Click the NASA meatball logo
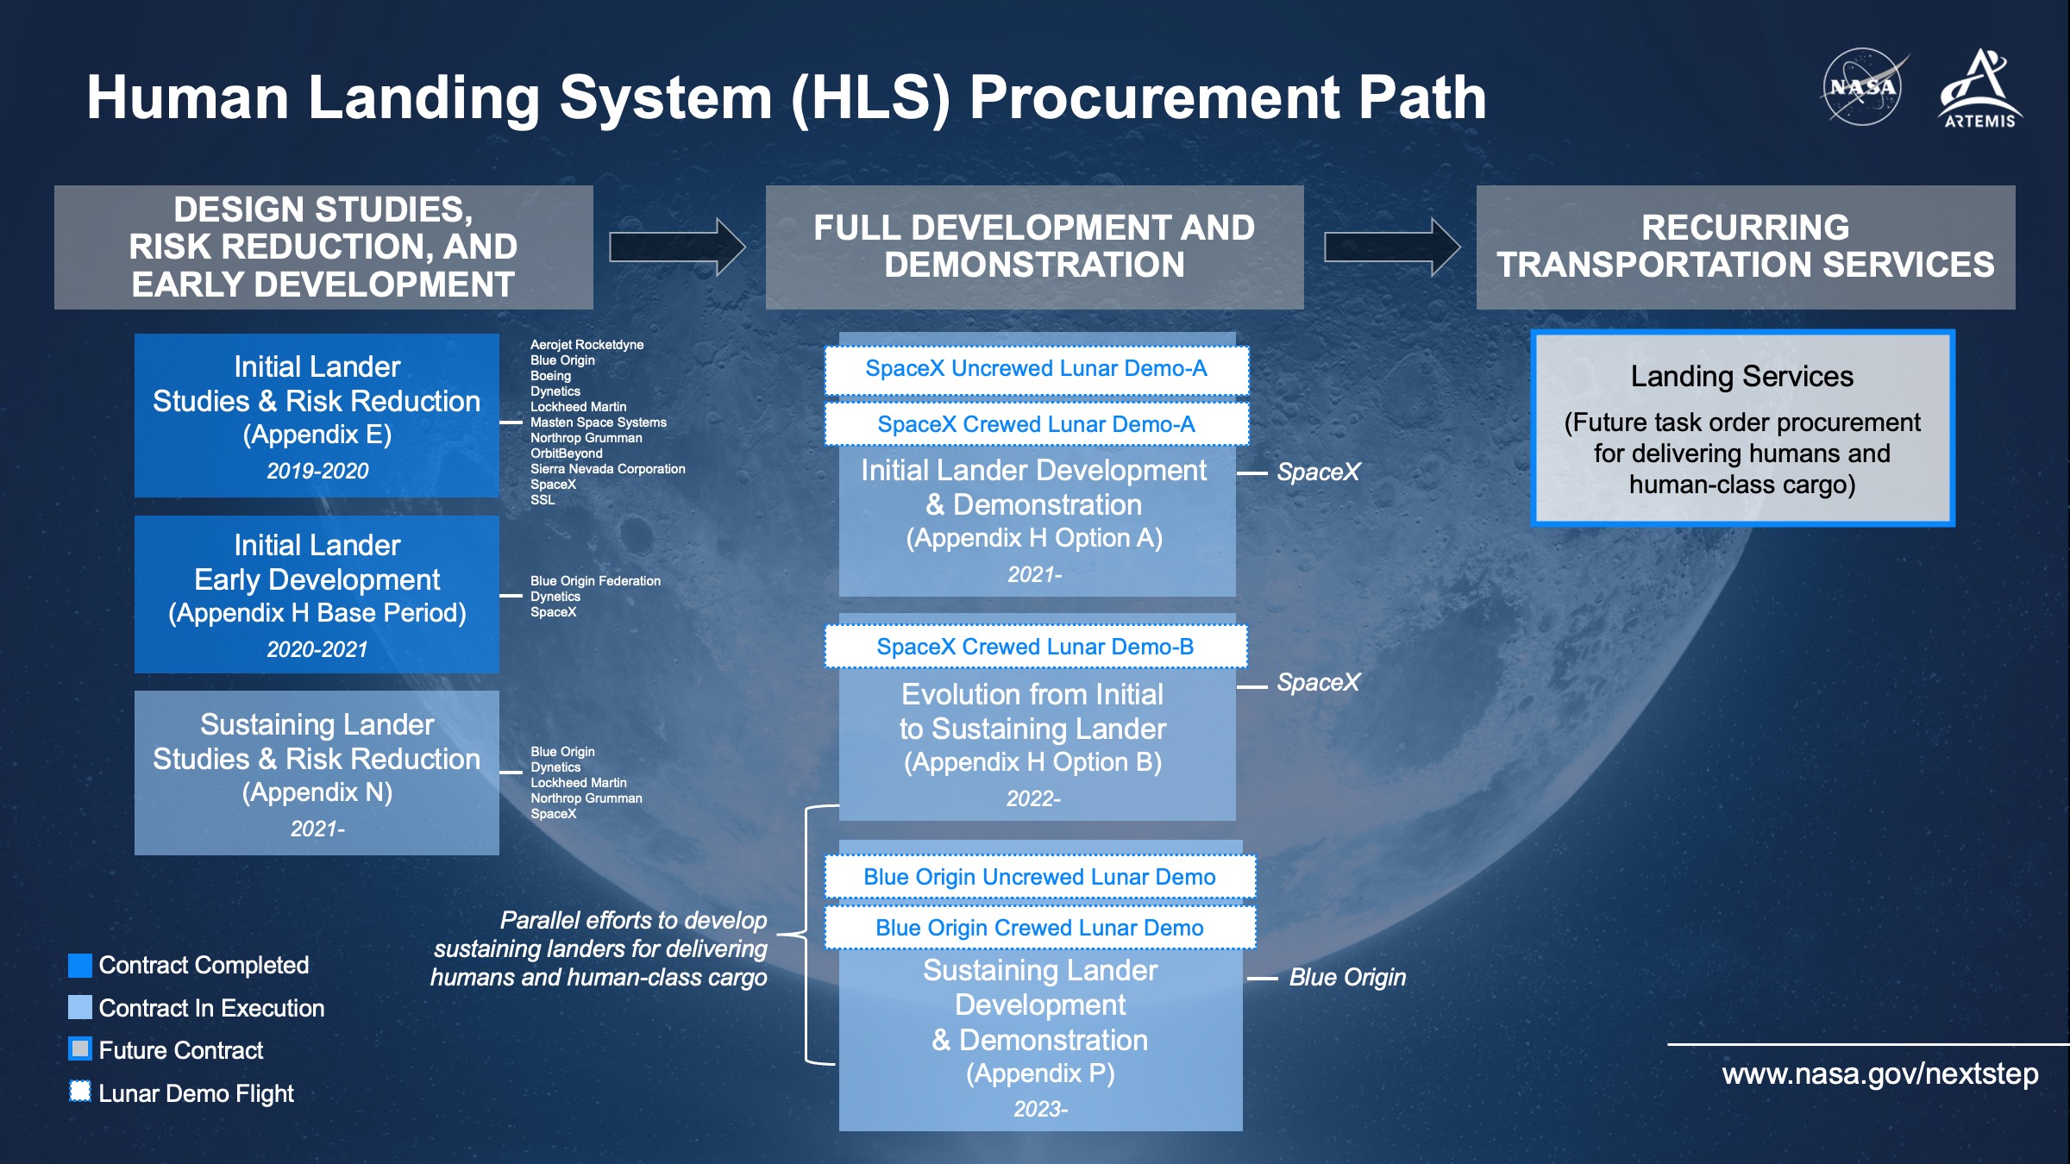(x=1863, y=87)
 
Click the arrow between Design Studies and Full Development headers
(x=677, y=247)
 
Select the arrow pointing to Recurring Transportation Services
(x=1392, y=247)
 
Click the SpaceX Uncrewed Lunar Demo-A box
(x=1036, y=369)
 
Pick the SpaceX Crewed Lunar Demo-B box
(x=1035, y=647)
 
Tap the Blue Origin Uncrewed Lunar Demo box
(x=1039, y=877)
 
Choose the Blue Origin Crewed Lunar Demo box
(x=1039, y=928)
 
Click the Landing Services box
(x=1742, y=429)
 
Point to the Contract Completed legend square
(x=80, y=966)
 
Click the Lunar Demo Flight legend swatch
(x=80, y=1092)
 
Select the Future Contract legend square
(x=80, y=1049)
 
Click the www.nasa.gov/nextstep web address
(x=1880, y=1073)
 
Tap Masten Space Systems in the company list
(x=598, y=422)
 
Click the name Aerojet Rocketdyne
(x=586, y=345)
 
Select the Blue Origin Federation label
(x=595, y=581)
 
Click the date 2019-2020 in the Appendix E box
(x=317, y=471)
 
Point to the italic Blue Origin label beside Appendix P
(x=1347, y=977)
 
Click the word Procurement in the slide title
(x=1154, y=97)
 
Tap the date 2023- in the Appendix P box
(x=1040, y=1109)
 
